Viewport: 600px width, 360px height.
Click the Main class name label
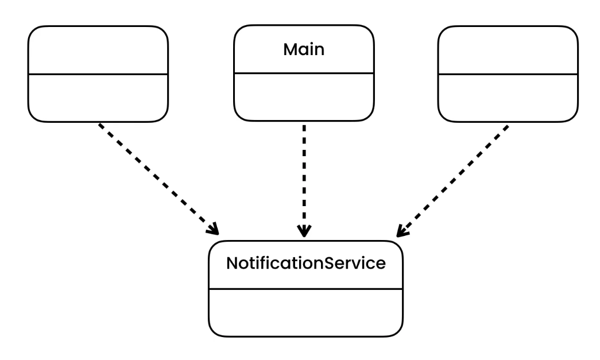pyautogui.click(x=304, y=49)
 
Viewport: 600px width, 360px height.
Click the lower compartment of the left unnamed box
pyautogui.click(x=98, y=98)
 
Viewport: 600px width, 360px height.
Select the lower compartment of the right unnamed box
pyautogui.click(x=508, y=98)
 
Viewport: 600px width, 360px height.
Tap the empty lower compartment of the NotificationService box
pyautogui.click(x=305, y=313)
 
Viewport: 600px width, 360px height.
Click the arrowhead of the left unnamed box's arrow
pyautogui.click(x=214, y=230)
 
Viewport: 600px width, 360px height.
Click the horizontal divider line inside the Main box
pyautogui.click(x=304, y=73)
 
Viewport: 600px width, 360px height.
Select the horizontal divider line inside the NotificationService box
pyautogui.click(x=305, y=289)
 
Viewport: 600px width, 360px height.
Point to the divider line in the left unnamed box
pyautogui.click(x=98, y=74)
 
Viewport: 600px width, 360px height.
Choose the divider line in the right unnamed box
pyautogui.click(x=508, y=74)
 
